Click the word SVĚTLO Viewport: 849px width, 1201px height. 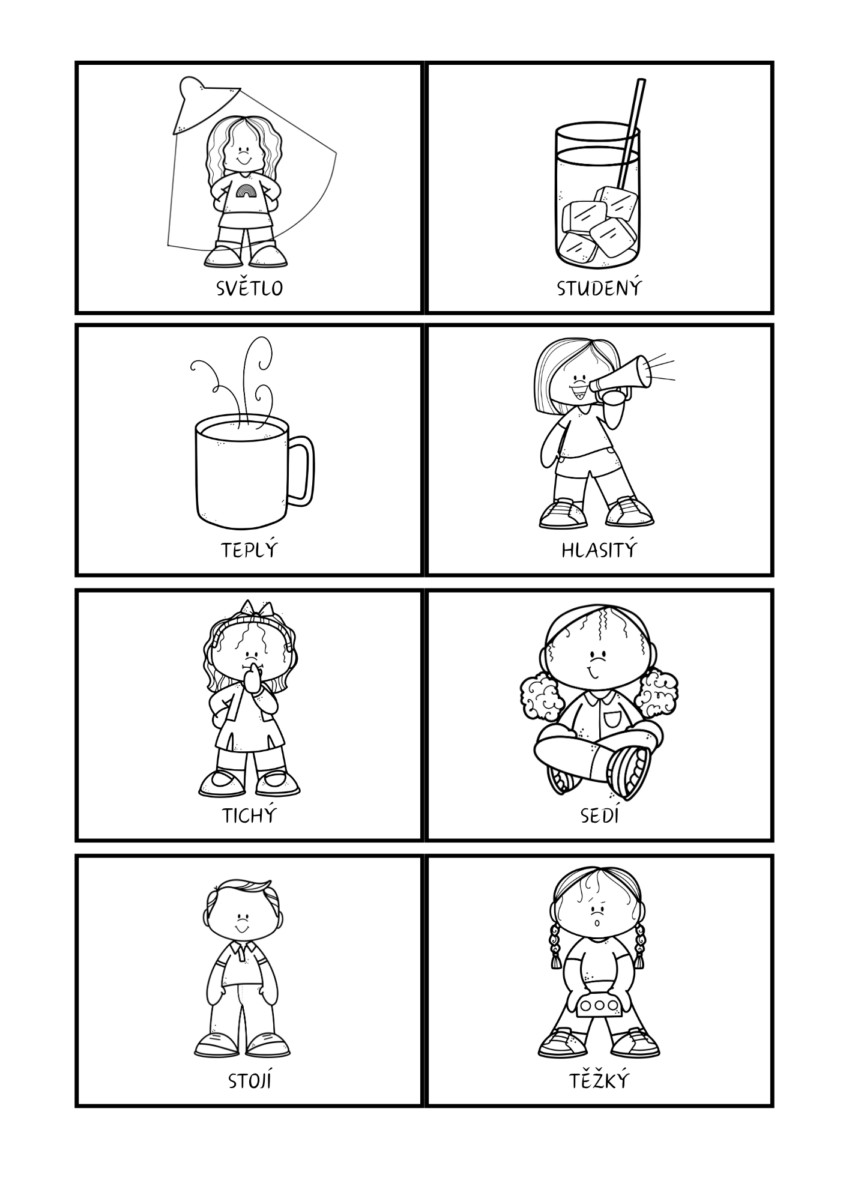[x=249, y=288]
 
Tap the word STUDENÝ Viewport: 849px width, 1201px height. [x=599, y=288]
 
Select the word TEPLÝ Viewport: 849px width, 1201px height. [x=249, y=549]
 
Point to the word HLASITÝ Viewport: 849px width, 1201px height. [x=599, y=549]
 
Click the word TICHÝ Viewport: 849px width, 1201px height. [x=249, y=815]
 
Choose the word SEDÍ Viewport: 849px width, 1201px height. [x=599, y=815]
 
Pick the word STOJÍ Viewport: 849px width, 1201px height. [x=250, y=1081]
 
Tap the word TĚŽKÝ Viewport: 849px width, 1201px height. [x=599, y=1081]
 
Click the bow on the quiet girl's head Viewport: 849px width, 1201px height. [x=256, y=608]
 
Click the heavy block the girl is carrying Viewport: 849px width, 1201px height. [x=597, y=1006]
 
